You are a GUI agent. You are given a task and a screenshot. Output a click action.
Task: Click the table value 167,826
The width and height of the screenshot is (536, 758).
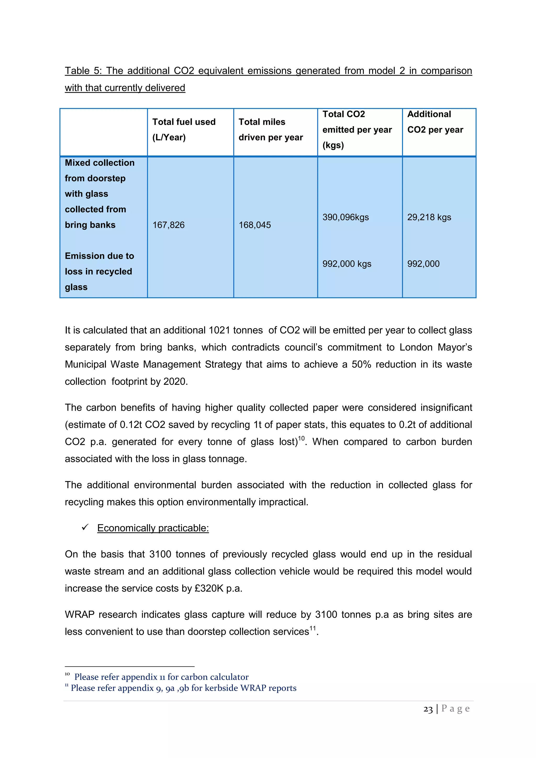(168, 225)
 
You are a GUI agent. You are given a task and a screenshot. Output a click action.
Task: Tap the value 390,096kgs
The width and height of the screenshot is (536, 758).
(345, 217)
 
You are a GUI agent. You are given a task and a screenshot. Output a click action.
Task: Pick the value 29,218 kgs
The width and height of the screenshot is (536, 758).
(429, 217)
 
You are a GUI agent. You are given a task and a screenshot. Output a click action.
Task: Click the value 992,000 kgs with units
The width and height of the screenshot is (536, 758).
(347, 264)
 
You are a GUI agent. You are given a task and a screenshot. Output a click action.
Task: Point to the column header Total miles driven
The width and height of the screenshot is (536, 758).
(270, 129)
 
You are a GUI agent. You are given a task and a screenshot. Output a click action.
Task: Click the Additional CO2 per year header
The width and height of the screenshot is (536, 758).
(435, 122)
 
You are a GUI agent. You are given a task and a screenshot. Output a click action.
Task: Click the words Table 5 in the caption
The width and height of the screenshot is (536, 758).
(82, 71)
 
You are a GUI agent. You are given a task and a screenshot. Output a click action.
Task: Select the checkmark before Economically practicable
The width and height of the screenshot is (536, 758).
(85, 528)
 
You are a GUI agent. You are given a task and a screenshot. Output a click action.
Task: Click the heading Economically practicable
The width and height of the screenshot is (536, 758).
(153, 528)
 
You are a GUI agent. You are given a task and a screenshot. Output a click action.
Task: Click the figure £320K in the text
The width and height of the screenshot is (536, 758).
(209, 588)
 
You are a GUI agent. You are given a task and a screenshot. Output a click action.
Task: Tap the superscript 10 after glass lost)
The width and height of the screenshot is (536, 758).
(301, 438)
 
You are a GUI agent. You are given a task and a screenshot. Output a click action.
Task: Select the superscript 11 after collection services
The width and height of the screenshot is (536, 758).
(312, 628)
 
